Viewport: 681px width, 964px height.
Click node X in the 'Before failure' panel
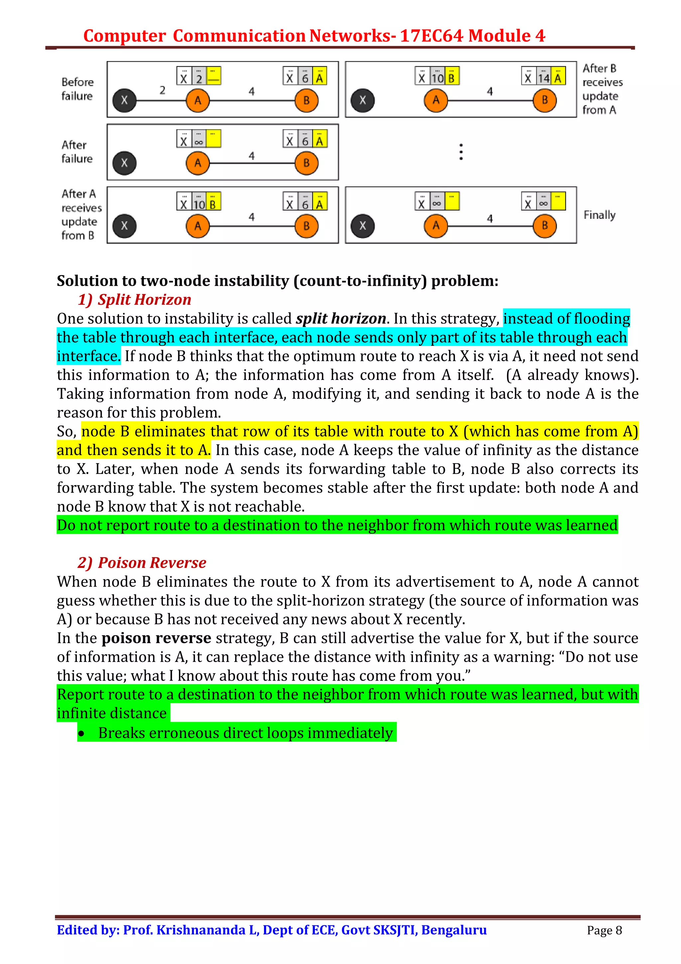[124, 100]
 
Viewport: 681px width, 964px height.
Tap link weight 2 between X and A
[162, 90]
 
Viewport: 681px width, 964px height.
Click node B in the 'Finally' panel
[544, 226]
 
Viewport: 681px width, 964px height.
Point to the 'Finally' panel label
[599, 215]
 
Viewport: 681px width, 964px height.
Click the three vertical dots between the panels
[461, 152]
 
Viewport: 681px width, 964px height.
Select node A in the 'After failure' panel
[198, 163]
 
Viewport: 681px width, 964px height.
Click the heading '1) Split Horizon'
[134, 299]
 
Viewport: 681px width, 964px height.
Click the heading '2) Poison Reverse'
[142, 562]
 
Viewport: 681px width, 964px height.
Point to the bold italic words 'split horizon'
[341, 318]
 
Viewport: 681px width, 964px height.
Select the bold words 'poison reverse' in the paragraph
[156, 638]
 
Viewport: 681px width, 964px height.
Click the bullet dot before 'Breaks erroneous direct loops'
[81, 733]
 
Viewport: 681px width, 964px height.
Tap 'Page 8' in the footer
[604, 930]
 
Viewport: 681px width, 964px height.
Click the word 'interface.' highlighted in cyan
[88, 356]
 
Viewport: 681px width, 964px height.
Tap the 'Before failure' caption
[77, 89]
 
